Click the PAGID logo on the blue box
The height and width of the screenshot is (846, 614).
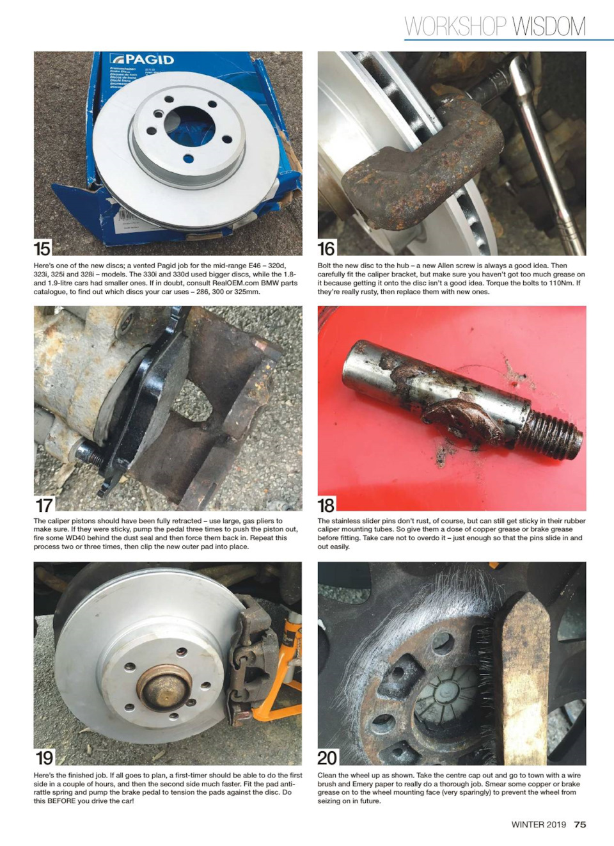tap(142, 60)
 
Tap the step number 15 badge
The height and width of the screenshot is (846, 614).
tap(42, 248)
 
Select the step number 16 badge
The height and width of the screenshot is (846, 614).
tap(326, 248)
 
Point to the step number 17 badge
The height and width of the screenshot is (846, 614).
tap(44, 504)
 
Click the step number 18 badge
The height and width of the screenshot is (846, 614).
tap(326, 504)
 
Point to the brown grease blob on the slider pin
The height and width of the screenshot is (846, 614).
tap(462, 419)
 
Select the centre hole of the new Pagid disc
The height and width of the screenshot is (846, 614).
tap(189, 127)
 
